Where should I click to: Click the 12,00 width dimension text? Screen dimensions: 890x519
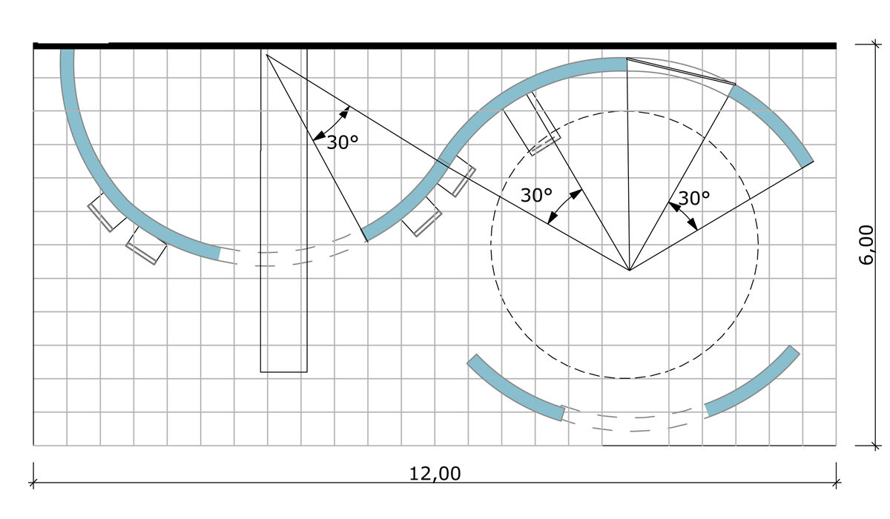click(435, 474)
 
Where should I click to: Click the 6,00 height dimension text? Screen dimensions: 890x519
click(866, 245)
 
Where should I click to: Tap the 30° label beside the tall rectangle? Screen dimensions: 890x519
click(343, 142)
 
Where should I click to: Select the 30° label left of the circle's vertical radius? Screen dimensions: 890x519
click(536, 195)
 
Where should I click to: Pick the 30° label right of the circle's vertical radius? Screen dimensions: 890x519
click(693, 198)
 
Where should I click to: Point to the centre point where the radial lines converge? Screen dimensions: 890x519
click(630, 270)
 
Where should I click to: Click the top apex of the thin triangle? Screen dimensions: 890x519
click(266, 54)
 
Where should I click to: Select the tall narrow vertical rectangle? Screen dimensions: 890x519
click(283, 211)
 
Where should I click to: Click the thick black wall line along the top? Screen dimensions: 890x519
click(435, 46)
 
